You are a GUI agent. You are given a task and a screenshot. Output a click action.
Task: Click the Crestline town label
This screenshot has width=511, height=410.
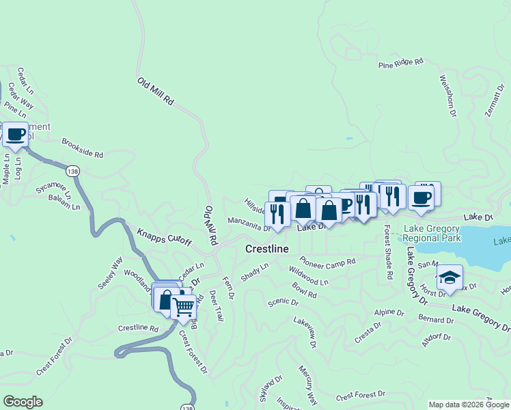pos(266,249)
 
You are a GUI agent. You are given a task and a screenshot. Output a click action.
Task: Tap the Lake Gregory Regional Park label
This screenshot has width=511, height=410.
pos(431,234)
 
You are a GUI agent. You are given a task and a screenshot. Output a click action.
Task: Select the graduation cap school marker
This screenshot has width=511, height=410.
pos(450,277)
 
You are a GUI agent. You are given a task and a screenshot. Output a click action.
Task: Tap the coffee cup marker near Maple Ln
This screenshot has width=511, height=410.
pos(15,134)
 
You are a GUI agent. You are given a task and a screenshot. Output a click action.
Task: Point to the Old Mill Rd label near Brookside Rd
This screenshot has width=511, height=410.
pos(156,92)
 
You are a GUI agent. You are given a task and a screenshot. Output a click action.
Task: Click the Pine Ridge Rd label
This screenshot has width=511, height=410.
pos(401,64)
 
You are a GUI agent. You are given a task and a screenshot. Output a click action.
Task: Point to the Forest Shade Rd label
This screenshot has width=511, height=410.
pos(388,252)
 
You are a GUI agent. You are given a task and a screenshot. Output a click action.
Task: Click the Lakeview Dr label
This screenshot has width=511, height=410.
pos(305,331)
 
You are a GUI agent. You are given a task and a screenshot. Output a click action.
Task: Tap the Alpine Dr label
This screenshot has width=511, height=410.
pos(389,312)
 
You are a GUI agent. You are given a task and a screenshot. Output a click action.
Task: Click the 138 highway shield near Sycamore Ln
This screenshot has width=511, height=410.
pos(72,169)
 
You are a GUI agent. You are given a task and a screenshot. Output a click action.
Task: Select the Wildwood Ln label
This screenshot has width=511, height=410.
pos(309,275)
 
